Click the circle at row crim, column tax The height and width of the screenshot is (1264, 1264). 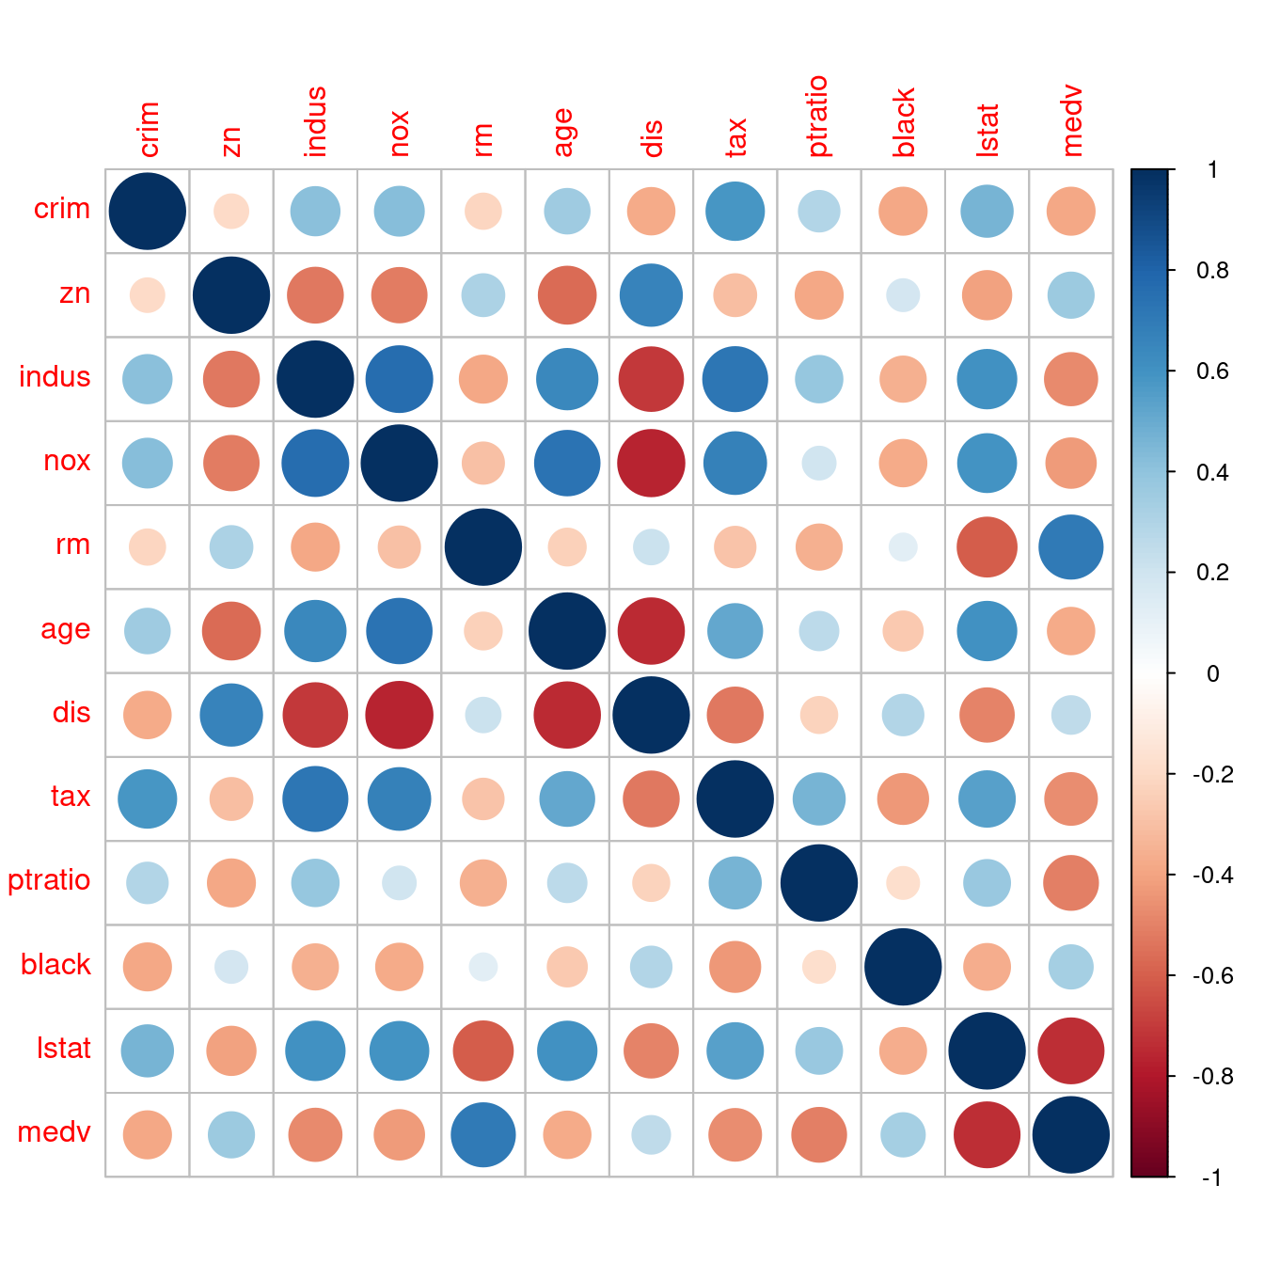pos(735,212)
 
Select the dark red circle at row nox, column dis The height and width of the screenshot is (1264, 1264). pos(651,463)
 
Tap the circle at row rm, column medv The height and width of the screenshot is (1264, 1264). pos(1070,547)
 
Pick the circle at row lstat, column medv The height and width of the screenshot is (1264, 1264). pos(1070,1051)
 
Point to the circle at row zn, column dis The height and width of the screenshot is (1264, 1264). pos(651,295)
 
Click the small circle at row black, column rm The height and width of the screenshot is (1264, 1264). pos(483,967)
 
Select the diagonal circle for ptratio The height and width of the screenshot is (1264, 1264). pos(819,883)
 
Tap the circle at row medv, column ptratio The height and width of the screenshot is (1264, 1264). pos(819,1134)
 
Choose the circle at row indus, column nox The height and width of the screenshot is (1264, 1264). pos(400,379)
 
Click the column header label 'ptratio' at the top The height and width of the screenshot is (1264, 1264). pos(817,117)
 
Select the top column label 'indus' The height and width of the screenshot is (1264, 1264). pos(315,121)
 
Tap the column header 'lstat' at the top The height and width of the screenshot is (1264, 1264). pos(987,130)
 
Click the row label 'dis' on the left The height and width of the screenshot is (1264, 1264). pos(71,713)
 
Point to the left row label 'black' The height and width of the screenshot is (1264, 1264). pos(55,965)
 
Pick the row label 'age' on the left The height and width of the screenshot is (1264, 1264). pos(65,629)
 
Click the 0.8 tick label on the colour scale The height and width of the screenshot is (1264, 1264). pos(1212,271)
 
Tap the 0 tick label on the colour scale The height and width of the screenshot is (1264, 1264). pos(1212,673)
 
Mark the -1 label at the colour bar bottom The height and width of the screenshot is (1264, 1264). pos(1211,1177)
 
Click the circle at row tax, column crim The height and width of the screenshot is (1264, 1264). pos(148,798)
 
